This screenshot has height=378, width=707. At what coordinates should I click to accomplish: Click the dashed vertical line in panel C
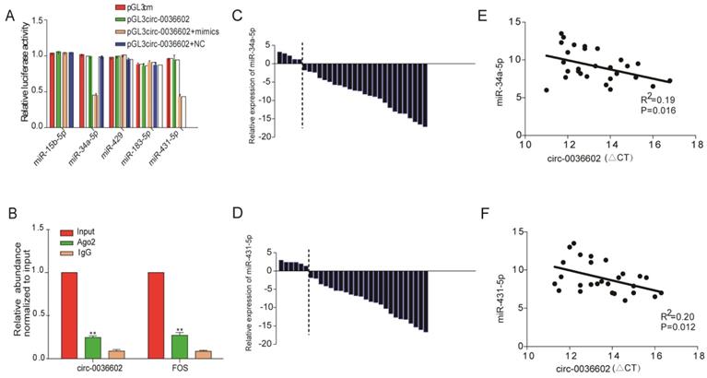(x=302, y=83)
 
